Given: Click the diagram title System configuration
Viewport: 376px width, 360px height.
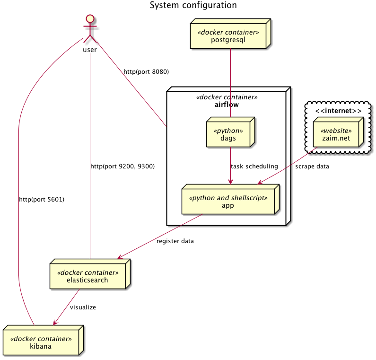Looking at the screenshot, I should coord(193,6).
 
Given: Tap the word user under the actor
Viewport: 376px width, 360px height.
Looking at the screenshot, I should coord(90,50).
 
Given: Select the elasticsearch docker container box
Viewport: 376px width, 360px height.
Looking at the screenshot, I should coord(87,276).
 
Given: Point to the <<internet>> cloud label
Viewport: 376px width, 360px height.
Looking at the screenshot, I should coord(338,111).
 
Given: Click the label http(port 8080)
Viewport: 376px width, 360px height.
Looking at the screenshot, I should coord(146,72).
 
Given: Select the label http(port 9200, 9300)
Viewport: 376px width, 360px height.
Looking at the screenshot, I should coord(122,167).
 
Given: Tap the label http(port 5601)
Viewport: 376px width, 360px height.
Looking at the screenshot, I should coord(42,200).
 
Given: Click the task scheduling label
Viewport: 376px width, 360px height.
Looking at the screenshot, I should coord(254,167).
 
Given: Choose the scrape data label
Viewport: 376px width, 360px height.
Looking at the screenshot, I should coord(312,167).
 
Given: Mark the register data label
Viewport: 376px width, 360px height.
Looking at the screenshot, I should coord(175,241).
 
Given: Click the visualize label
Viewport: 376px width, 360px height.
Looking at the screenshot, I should coord(83,307).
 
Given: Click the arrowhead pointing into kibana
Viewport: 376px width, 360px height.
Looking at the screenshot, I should coord(55,323).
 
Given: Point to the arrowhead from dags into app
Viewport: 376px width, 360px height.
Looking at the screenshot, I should coord(230,183).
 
